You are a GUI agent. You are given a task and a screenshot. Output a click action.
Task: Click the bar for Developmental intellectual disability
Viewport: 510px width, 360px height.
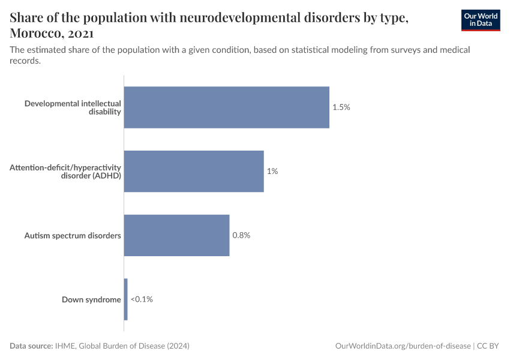coord(227,107)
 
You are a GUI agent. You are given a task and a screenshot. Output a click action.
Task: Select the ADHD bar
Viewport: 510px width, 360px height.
coord(194,171)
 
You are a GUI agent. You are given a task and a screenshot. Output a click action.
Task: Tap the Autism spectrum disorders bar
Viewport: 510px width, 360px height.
coord(177,235)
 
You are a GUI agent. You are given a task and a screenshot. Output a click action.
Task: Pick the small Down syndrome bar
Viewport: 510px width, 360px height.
coord(126,299)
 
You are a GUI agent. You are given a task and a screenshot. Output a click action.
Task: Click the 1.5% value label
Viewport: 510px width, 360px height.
coord(341,107)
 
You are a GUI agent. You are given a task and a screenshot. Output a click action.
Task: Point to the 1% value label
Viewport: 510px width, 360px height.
coord(272,171)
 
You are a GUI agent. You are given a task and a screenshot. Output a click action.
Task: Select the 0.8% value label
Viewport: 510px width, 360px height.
coord(241,235)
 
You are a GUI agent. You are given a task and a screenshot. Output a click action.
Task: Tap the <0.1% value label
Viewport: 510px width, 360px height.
coord(142,299)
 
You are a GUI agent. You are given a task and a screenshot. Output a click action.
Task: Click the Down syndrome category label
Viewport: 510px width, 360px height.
coord(91,299)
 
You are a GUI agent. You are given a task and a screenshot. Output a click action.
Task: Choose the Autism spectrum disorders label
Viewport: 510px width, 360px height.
coord(73,235)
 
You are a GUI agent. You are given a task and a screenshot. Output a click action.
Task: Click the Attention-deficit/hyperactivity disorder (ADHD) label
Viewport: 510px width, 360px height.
coord(65,171)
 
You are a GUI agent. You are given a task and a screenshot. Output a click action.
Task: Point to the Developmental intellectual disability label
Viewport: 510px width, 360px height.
coord(73,107)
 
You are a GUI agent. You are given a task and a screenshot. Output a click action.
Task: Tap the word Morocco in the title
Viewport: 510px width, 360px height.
coord(35,33)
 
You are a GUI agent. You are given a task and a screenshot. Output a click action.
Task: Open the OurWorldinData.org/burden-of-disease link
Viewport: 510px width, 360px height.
coord(403,346)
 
